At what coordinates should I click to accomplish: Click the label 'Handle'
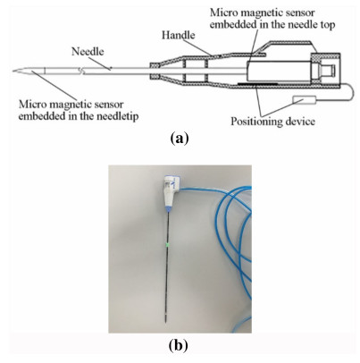point(178,35)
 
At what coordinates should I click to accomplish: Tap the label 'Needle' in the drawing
point(88,52)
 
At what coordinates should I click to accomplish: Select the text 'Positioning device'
point(272,122)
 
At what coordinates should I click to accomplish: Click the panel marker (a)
point(179,139)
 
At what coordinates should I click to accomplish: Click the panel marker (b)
point(179,345)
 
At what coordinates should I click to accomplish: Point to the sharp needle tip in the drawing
point(13,71)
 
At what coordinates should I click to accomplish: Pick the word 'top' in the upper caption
point(327,25)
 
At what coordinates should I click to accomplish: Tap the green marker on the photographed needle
point(168,244)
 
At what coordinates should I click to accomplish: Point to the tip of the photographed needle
point(165,321)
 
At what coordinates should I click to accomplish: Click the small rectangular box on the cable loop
point(304,100)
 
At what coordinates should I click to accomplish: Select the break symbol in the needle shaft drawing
point(82,71)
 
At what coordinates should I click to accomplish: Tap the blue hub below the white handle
point(169,209)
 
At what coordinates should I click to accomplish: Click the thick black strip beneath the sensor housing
point(258,84)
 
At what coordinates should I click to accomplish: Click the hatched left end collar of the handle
point(155,71)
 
